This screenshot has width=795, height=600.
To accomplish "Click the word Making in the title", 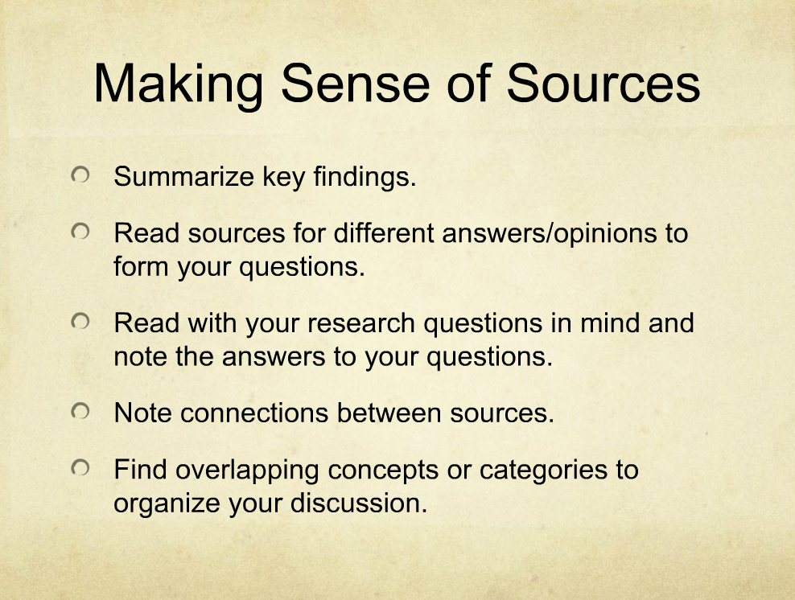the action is point(178,84).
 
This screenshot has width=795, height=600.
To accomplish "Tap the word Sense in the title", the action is point(356,83).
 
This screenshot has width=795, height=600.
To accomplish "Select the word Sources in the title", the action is point(603,83).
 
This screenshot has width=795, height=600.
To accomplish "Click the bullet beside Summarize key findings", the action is point(80,175).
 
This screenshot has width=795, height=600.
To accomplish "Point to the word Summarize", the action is point(183,176).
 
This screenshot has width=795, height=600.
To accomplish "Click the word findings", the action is point(365,178).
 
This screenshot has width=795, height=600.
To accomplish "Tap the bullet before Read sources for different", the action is point(80,232).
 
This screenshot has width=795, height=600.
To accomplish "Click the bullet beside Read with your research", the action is point(80,321).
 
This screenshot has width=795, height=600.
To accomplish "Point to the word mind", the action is point(610,323).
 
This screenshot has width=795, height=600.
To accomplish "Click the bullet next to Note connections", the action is point(80,411).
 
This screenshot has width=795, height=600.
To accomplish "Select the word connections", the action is point(254,413).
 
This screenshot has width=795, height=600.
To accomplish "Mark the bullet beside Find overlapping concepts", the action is point(80,468).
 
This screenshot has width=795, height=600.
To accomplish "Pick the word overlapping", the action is point(247,471).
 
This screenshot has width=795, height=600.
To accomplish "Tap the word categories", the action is point(543,471).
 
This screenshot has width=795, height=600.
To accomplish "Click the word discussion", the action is point(359,503).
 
